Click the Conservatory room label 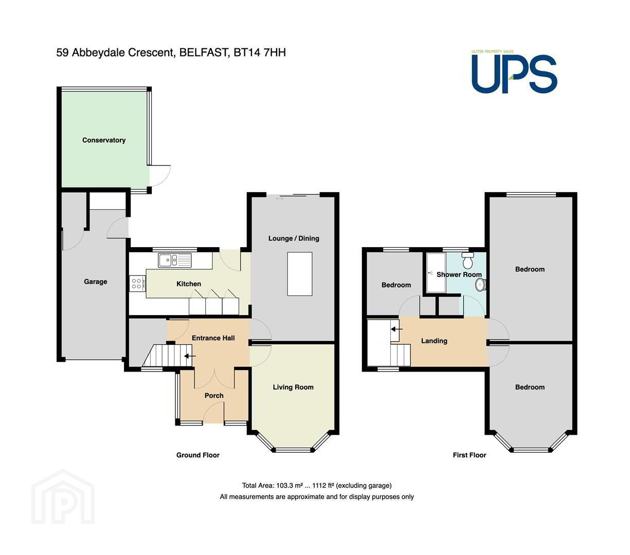(x=104, y=140)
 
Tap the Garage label (x=96, y=282)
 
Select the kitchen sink (x=175, y=260)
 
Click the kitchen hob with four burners (x=137, y=283)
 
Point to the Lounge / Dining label (x=294, y=238)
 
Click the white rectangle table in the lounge (x=299, y=274)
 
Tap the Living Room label (x=293, y=387)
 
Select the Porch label (x=214, y=396)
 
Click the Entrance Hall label (x=213, y=338)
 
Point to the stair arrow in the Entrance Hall (x=190, y=356)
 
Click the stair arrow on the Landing (x=397, y=329)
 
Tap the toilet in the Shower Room (x=467, y=260)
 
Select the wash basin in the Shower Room (x=481, y=285)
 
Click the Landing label (x=434, y=341)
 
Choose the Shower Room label (x=459, y=275)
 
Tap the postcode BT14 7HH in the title (x=260, y=52)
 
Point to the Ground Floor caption (x=198, y=455)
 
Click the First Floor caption (x=469, y=455)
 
